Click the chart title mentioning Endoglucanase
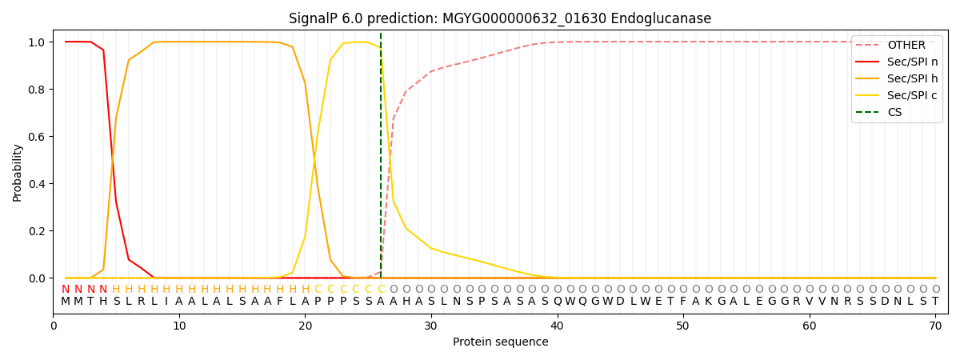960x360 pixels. pos(500,18)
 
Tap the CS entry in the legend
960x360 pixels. pos(894,113)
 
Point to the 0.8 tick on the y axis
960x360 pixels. pos(38,89)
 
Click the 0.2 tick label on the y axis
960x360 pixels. pos(38,231)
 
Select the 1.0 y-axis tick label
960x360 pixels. pos(38,42)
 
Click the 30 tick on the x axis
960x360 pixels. pos(431,326)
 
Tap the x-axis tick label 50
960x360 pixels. pos(683,326)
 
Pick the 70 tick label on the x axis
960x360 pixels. pos(935,326)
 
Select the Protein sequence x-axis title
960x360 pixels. pos(500,342)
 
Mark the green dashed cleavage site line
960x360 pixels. pos(381,160)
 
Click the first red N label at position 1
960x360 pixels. pos(66,289)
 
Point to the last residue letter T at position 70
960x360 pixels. pos(935,302)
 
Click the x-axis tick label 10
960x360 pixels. pos(179,326)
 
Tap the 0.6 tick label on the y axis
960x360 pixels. pos(38,136)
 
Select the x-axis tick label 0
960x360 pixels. pos(54,326)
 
